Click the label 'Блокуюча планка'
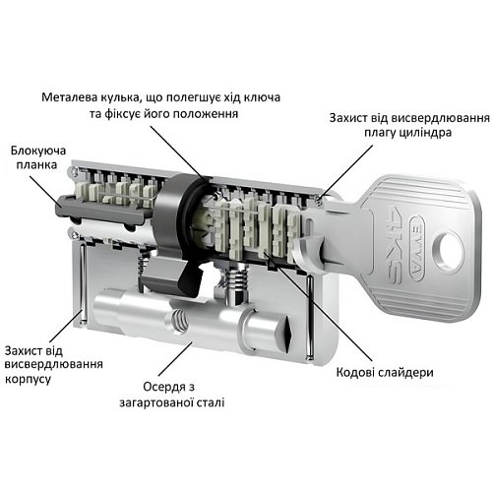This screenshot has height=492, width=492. point(39,158)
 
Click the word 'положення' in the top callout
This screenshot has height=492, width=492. point(205,115)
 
